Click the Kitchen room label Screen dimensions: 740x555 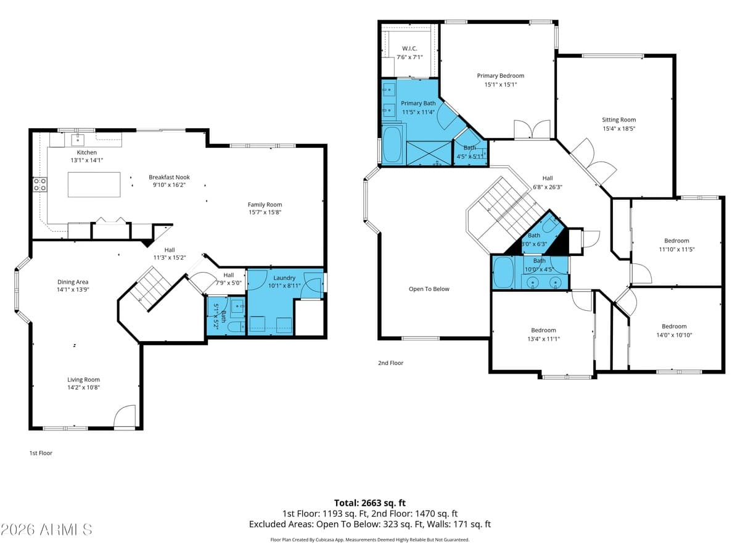point(87,153)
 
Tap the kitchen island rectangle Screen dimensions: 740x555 point(94,184)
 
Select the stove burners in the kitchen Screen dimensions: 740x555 point(40,184)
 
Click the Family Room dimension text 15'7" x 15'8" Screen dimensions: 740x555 point(265,212)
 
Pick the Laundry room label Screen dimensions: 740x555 point(284,277)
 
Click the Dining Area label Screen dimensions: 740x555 point(73,282)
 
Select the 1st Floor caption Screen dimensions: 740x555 point(41,453)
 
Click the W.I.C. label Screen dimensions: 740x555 point(409,49)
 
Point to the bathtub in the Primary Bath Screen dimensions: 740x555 point(392,144)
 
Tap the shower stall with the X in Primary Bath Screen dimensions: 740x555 point(429,154)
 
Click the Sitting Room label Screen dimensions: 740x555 point(619,120)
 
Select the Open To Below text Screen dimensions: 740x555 point(429,289)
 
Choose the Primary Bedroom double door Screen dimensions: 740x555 point(532,129)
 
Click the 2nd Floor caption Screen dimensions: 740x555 point(391,363)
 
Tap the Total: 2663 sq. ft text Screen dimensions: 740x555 point(370,503)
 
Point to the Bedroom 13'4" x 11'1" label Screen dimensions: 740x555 point(543,331)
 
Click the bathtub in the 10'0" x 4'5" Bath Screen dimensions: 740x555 point(503,272)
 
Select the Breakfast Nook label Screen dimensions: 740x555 point(169,177)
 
